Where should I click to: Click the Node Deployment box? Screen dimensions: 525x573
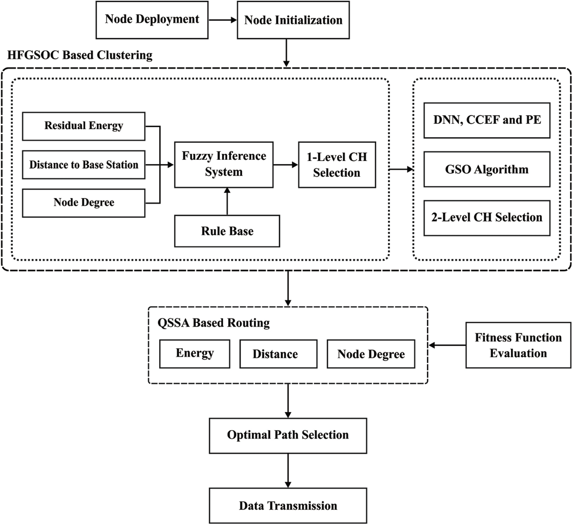coord(152,20)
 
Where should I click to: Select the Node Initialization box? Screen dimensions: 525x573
coord(293,20)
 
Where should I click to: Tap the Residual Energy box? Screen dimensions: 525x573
coord(84,126)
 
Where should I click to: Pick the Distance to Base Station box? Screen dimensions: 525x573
coord(84,165)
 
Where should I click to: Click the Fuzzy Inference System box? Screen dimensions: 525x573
coord(224,164)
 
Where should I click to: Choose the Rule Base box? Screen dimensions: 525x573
coord(227,231)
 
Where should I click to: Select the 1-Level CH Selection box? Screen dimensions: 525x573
coord(337,165)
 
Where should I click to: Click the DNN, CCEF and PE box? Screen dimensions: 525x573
coord(487,120)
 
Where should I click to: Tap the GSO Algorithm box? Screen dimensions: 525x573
coord(487,169)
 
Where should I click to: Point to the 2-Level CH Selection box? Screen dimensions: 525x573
coord(487,218)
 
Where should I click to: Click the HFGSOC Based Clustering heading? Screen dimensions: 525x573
coord(80,55)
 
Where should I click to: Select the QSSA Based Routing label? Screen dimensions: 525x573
coord(214,323)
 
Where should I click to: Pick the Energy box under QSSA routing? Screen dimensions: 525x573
coord(195,354)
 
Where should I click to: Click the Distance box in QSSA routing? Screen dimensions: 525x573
coord(278,354)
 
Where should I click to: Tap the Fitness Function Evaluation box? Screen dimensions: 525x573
coord(518,345)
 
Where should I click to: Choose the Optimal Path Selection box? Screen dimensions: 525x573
coord(288,436)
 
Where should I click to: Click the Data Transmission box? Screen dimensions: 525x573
coord(288,506)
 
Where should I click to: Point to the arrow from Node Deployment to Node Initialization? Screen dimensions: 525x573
coord(223,20)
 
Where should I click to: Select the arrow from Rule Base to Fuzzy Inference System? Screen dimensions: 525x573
coord(227,201)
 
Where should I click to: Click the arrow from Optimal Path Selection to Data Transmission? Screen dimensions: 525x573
coord(288,471)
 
